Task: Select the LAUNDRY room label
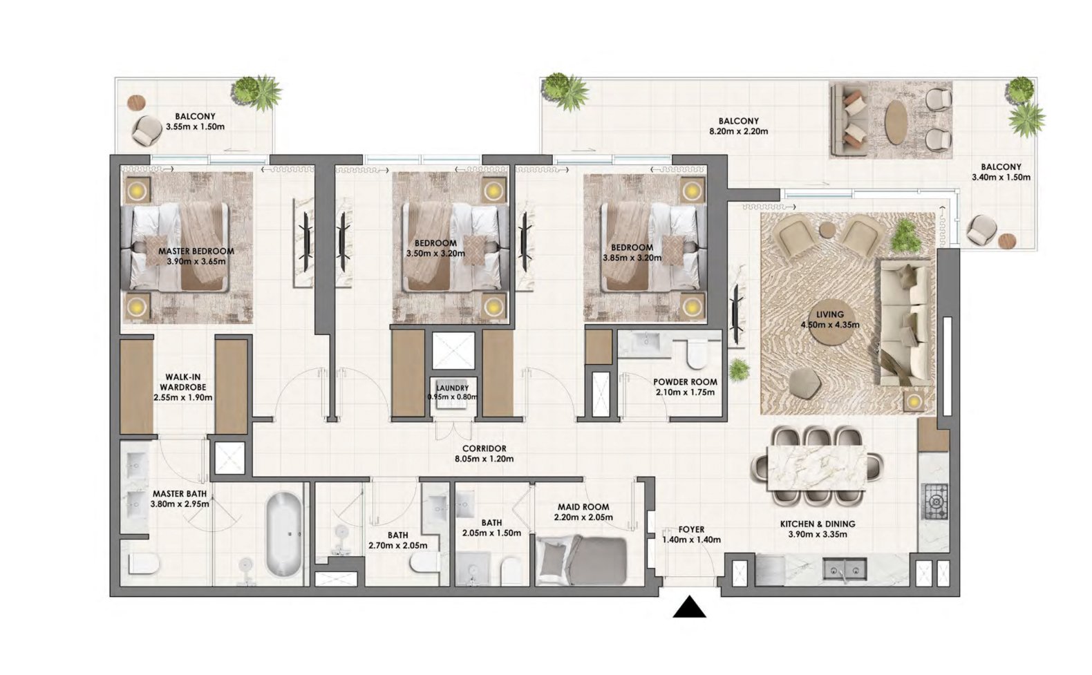pos(453,388)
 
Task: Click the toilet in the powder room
pos(696,355)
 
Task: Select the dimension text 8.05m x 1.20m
pos(484,458)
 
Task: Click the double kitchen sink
pos(846,570)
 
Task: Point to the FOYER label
pos(691,529)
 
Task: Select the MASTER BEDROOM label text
pos(196,251)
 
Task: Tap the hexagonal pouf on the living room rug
pos(804,381)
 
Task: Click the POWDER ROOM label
pos(685,381)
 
